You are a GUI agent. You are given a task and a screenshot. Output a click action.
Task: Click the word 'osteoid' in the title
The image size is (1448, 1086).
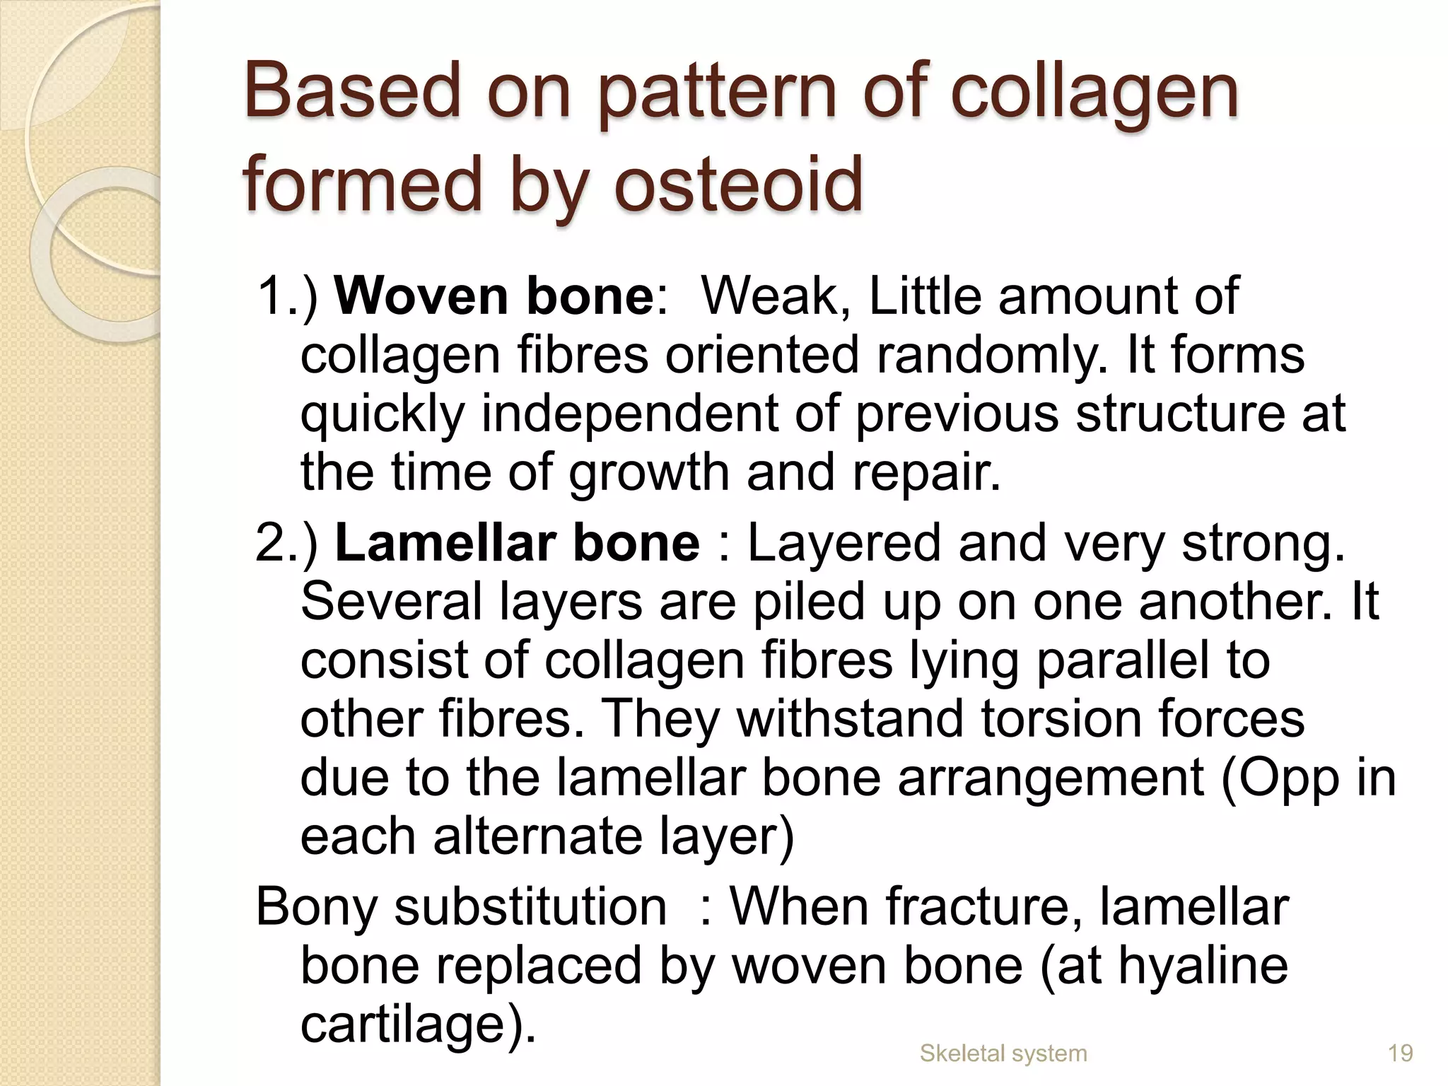738,185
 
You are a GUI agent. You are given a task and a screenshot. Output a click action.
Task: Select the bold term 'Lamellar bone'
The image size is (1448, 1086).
517,543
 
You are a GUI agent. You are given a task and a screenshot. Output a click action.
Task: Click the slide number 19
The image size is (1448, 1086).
1401,1053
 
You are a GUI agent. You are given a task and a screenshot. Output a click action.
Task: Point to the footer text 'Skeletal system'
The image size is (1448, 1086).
1003,1053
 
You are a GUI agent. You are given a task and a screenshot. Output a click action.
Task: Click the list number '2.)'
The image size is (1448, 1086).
287,543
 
